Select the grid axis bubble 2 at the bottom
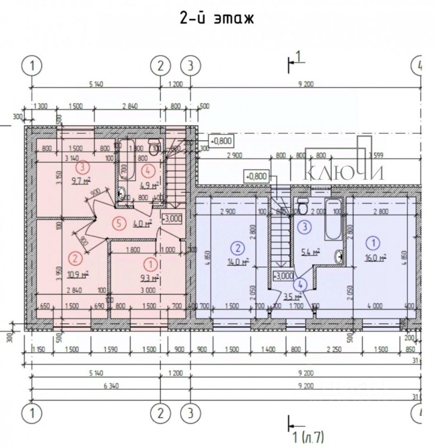coord(161,413)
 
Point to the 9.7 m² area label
coord(80,182)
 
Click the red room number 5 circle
coord(120,223)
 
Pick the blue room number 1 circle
coord(373,242)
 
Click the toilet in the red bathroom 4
coord(153,147)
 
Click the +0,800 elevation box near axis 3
coord(221,140)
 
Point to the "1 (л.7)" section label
coord(307,437)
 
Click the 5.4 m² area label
coord(310,252)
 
